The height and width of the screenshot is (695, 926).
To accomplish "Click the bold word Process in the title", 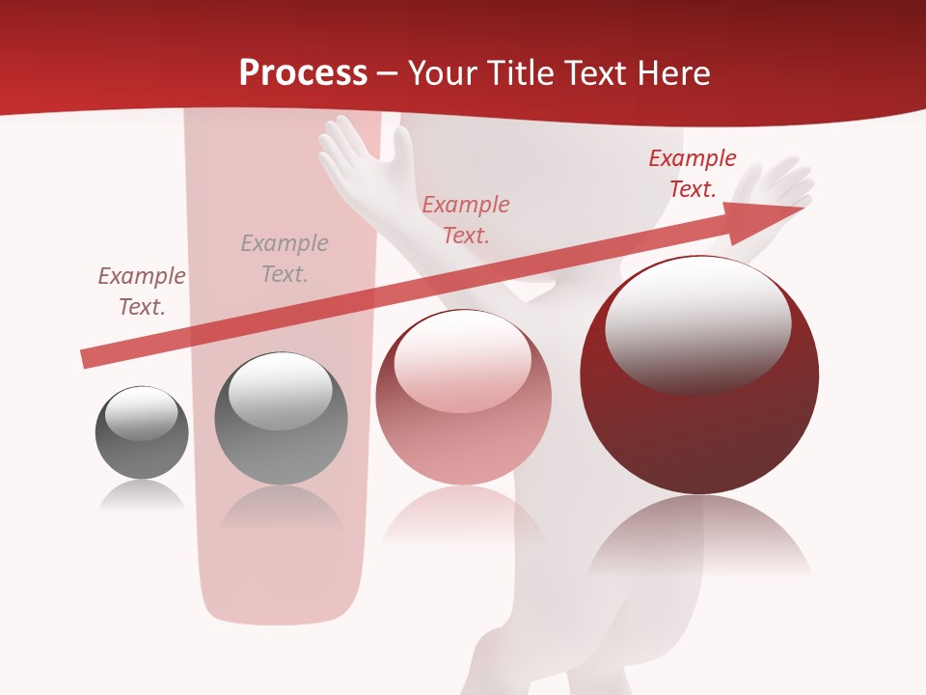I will click(x=303, y=72).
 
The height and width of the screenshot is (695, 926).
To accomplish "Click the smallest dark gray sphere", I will click(x=142, y=433).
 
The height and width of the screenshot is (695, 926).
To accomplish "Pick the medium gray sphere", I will click(x=281, y=419).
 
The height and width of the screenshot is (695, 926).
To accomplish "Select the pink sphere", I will click(x=463, y=397).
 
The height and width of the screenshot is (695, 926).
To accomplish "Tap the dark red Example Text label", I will click(x=692, y=174).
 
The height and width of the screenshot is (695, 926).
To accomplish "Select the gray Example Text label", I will click(x=284, y=259).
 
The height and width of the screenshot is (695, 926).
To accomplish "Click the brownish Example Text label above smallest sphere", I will click(x=142, y=292).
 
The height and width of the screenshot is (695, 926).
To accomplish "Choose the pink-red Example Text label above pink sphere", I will click(x=465, y=219).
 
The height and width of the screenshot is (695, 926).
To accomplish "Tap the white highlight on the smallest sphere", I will click(x=142, y=412).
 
